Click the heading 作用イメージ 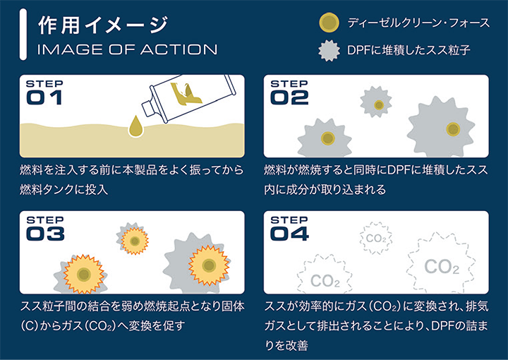pos(103,25)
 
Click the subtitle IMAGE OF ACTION pos(127,49)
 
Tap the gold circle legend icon pos(329,23)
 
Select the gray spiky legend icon pos(329,51)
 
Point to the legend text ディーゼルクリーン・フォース pos(418,23)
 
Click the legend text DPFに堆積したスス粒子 pos(409,50)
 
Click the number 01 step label pos(44,97)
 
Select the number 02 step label pos(289,97)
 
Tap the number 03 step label pos(45,234)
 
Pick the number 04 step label pos(289,234)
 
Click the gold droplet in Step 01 pos(135,126)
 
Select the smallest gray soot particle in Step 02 pos(376,102)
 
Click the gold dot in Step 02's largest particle pos(453,129)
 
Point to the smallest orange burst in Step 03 pos(135,241)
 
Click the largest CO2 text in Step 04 pos(442,266)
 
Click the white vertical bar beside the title pos(23,35)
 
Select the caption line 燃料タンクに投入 pos(64,190)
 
